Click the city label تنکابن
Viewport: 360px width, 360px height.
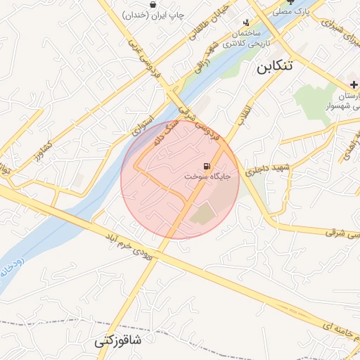tap(271, 68)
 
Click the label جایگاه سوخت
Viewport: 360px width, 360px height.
tap(207, 177)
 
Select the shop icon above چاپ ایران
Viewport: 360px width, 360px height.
tap(153, 4)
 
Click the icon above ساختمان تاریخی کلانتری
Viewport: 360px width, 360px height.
tap(245, 22)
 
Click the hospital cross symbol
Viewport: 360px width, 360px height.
tap(354, 84)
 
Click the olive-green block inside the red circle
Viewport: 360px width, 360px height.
tap(204, 213)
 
